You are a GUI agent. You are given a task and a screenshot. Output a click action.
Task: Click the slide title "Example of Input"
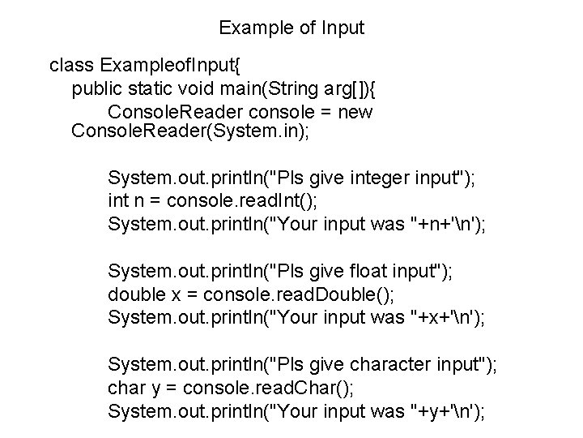click(291, 28)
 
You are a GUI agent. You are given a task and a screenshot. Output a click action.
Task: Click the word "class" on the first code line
click(72, 64)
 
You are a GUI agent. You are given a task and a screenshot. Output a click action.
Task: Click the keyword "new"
click(355, 111)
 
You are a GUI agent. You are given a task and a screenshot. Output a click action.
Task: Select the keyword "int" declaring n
click(119, 199)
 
